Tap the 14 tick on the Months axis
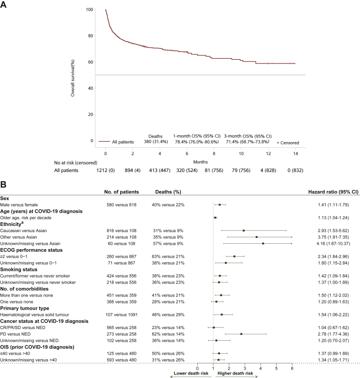pyautogui.click(x=295, y=152)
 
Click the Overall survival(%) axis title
pyautogui.click(x=73, y=75)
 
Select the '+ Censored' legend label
pyautogui.click(x=287, y=143)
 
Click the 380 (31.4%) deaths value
pyautogui.click(x=156, y=142)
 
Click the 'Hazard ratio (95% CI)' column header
pyautogui.click(x=330, y=192)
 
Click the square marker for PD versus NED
pyautogui.click(x=241, y=334)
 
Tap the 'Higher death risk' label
pyautogui.click(x=235, y=374)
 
